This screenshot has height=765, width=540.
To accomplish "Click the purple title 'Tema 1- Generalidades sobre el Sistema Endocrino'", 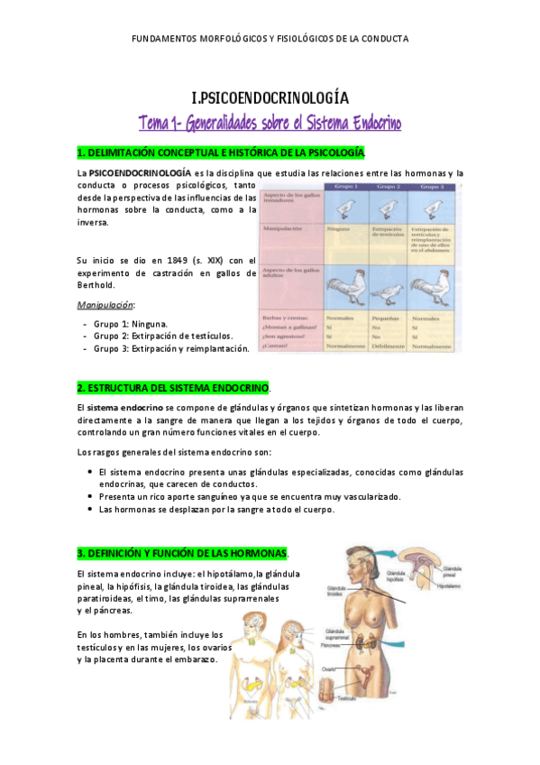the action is click(270, 123).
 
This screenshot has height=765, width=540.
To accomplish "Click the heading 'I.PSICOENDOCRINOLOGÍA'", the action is click(270, 98).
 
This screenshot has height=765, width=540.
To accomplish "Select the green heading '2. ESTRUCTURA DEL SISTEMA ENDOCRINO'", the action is click(174, 387).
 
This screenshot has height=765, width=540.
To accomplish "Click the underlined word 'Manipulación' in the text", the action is click(105, 306).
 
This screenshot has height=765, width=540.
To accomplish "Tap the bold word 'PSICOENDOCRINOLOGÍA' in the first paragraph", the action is click(140, 172).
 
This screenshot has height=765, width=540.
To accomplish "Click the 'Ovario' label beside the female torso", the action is click(329, 669).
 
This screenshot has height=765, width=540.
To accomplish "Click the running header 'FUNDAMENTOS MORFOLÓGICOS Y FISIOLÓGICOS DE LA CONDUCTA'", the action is click(270, 39).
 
